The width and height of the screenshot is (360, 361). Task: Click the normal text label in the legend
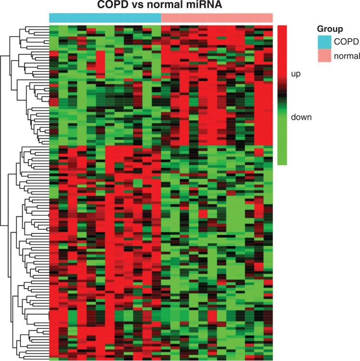[347, 56]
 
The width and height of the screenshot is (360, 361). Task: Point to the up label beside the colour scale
[296, 74]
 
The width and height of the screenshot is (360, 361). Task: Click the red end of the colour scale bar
[283, 34]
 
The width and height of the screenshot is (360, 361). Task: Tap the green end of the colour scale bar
[283, 156]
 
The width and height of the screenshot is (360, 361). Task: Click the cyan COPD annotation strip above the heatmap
[105, 18]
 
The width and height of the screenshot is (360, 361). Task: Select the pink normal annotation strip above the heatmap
[217, 18]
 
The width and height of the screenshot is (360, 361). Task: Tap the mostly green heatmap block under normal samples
[217, 250]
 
